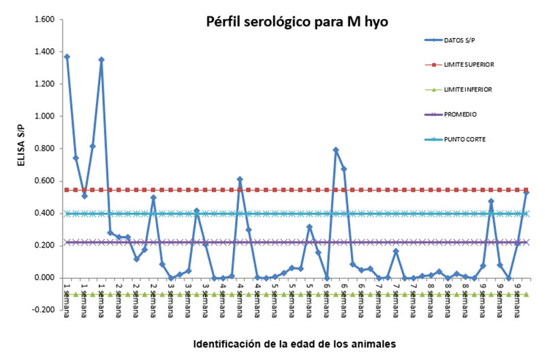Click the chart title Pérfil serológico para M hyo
tap(297, 22)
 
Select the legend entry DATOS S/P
tap(461, 40)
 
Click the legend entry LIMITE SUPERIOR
tap(469, 65)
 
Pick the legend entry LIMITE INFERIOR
tap(467, 89)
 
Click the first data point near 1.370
tap(67, 57)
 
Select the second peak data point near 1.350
tap(102, 60)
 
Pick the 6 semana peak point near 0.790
tap(335, 150)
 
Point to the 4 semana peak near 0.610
tap(240, 179)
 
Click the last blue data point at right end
tap(526, 193)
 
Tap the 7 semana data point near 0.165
tap(396, 252)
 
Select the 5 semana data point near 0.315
tap(309, 227)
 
